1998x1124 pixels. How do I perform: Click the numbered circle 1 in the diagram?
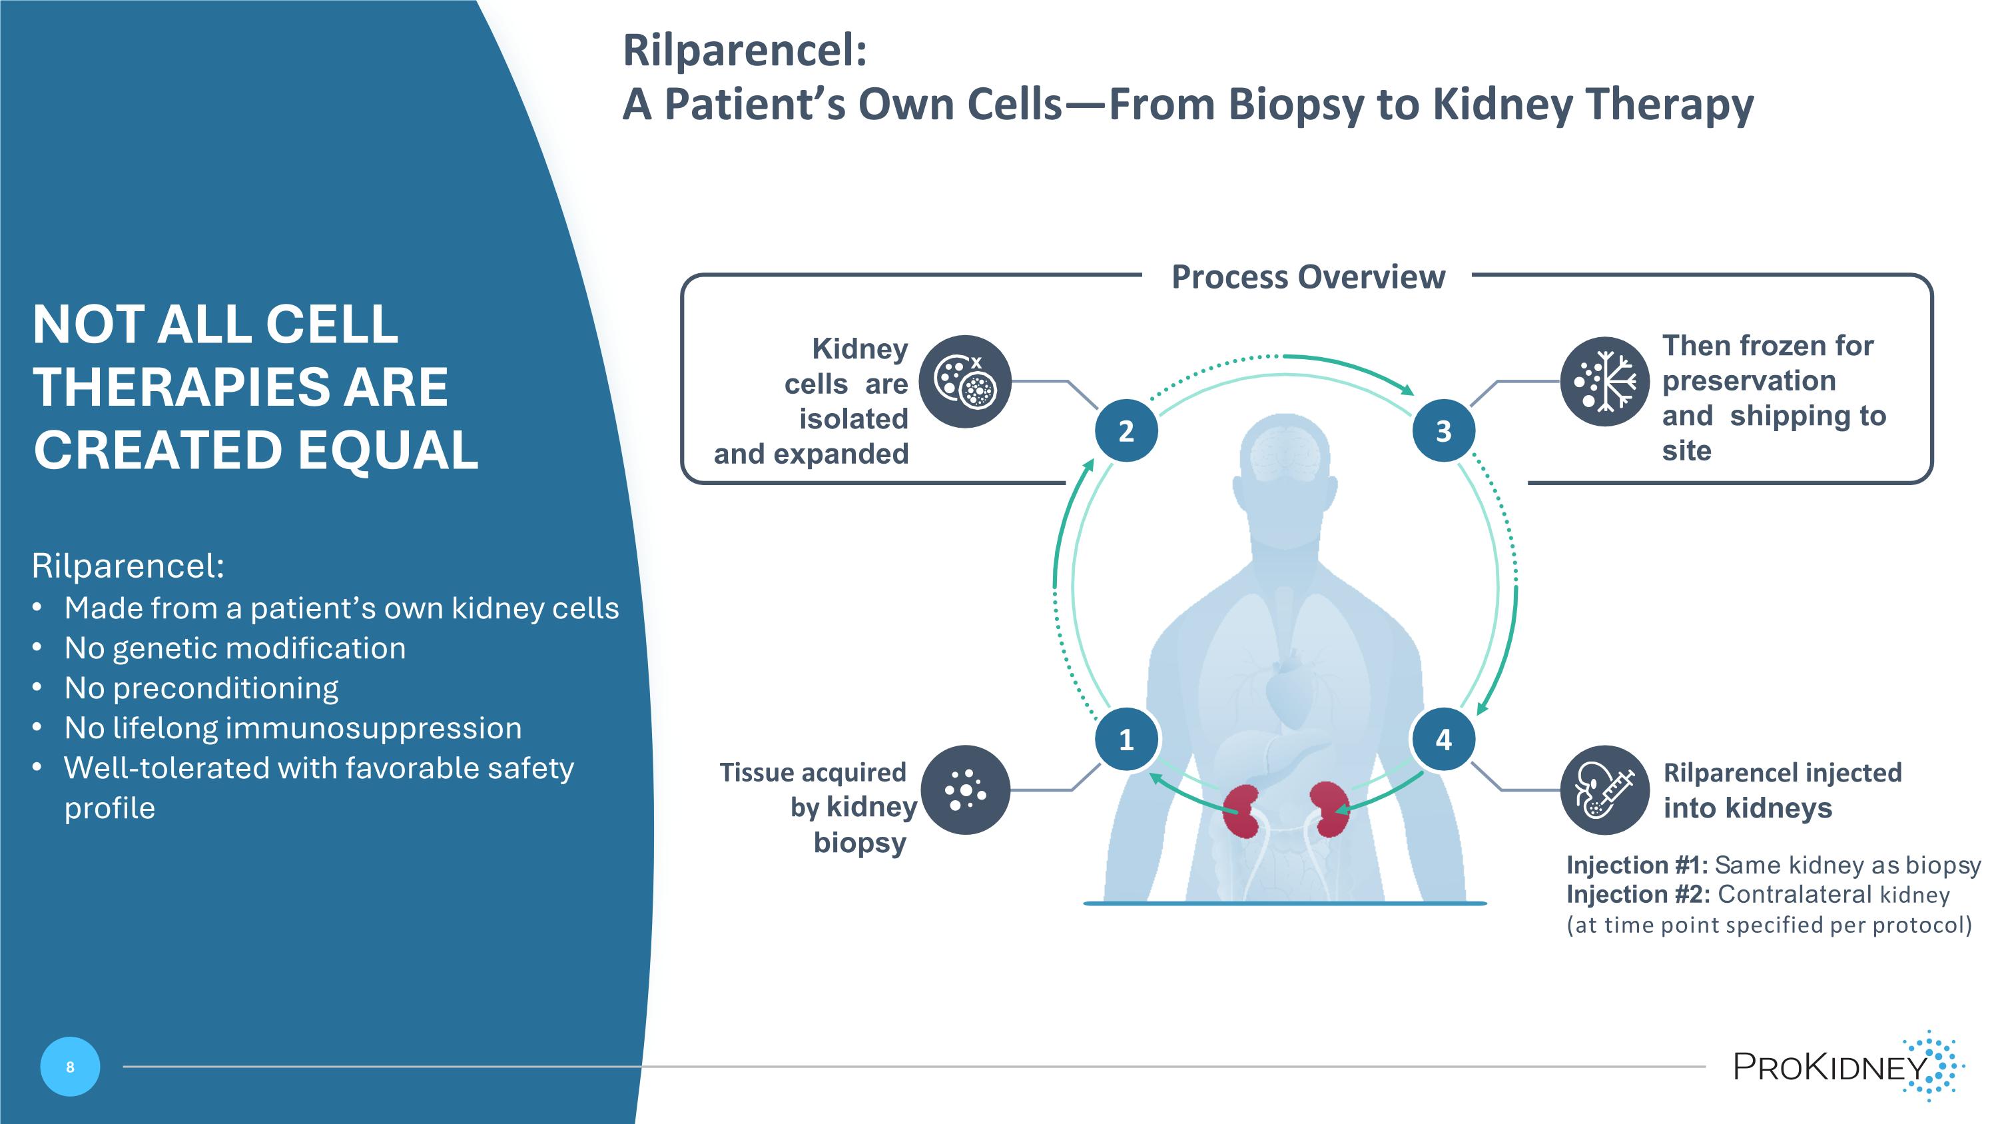1126,740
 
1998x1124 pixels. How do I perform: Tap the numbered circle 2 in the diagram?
1126,430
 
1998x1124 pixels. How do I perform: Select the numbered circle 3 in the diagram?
1443,430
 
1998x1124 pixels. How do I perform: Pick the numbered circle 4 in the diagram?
1443,740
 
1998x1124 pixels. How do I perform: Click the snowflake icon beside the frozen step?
1604,381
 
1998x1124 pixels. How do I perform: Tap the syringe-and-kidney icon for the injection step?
1604,790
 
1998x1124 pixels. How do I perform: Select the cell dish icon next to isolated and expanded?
965,381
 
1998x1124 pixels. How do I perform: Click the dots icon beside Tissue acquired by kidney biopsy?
965,790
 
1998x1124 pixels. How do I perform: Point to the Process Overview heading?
1308,277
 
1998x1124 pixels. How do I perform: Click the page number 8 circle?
70,1067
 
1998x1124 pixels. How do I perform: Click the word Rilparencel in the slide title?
744,51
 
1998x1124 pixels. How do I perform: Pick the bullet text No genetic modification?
235,648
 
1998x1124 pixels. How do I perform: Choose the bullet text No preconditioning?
201,688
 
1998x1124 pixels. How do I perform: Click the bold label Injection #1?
1636,865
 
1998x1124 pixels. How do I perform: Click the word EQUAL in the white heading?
388,450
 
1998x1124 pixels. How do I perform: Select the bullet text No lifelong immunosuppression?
292,728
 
